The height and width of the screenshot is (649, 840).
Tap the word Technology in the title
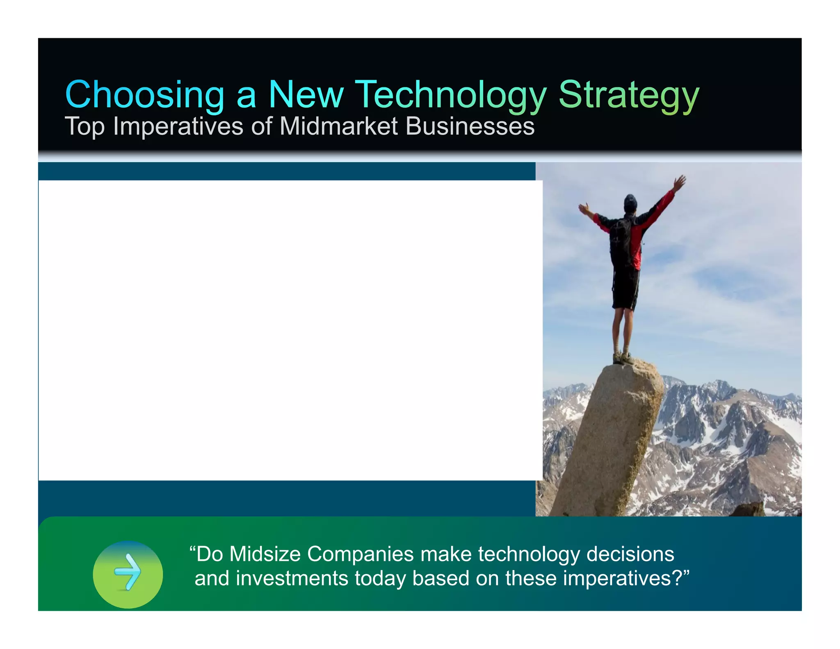click(x=450, y=95)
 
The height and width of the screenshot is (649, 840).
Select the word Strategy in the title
click(x=628, y=95)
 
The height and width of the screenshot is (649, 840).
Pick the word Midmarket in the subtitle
click(x=338, y=126)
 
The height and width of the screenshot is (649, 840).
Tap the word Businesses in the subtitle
click(x=470, y=126)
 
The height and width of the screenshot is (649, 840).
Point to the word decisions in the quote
click(x=630, y=554)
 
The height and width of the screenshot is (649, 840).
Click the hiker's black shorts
click(x=625, y=289)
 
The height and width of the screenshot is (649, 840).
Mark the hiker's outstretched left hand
click(x=582, y=207)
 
